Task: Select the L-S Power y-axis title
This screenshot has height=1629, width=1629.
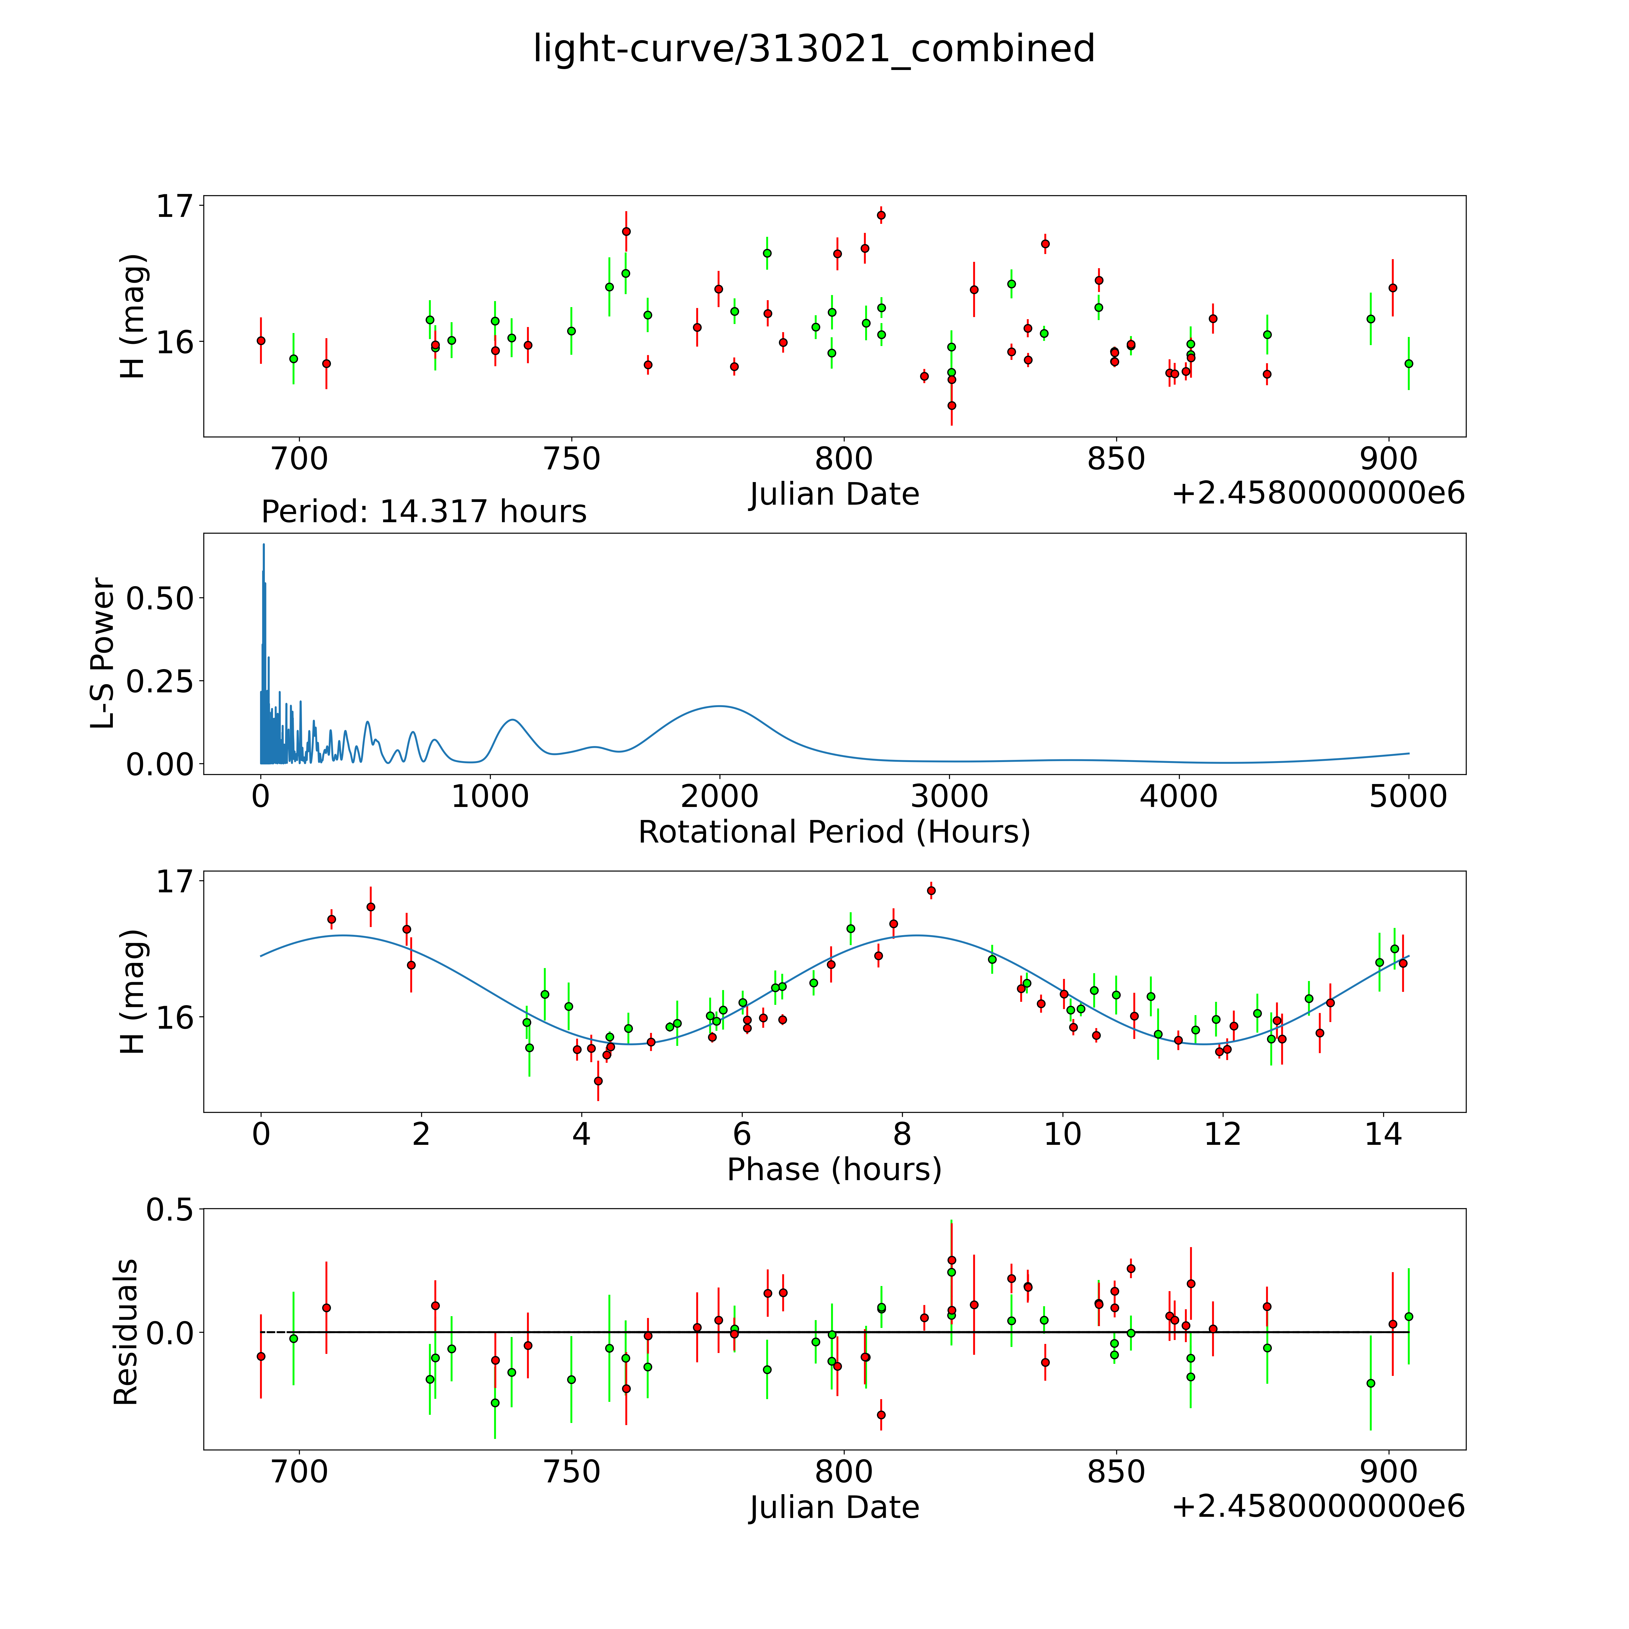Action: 103,653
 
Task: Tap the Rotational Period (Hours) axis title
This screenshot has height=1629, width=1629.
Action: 834,832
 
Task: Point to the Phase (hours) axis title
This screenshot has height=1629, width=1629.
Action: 834,1170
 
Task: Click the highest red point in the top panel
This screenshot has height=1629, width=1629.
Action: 881,215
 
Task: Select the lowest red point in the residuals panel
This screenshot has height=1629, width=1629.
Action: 881,1415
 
